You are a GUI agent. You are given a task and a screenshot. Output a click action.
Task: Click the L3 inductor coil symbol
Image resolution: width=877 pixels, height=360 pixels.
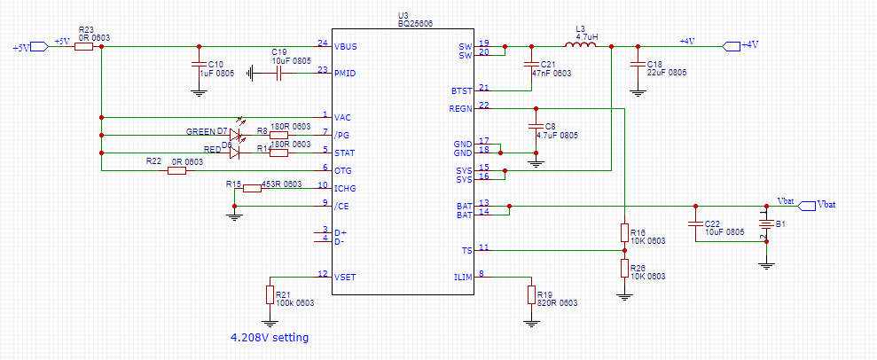(x=581, y=45)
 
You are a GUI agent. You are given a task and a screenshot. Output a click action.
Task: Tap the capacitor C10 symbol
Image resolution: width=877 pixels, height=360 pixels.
(x=198, y=64)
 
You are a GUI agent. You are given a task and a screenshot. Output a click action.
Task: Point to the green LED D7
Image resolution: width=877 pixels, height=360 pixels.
(x=234, y=134)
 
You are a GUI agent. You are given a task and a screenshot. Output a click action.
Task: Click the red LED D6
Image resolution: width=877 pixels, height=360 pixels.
(x=234, y=152)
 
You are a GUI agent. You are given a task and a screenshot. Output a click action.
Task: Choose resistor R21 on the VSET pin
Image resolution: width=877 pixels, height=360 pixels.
(x=270, y=293)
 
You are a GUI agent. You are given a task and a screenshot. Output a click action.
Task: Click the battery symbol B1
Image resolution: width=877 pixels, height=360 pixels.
(x=767, y=225)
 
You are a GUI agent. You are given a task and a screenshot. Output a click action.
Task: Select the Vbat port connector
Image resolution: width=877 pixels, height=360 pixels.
(x=806, y=206)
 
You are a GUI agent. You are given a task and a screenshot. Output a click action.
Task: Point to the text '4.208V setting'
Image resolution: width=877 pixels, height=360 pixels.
(x=270, y=338)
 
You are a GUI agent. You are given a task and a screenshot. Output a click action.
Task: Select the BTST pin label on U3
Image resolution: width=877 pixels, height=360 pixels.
(x=461, y=90)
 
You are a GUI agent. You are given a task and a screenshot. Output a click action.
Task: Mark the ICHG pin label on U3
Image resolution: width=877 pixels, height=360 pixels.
(x=346, y=187)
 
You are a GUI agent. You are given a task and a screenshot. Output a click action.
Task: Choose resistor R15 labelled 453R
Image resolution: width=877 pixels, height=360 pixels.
(x=252, y=187)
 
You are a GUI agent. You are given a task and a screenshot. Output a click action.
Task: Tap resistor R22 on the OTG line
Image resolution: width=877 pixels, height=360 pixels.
(x=176, y=169)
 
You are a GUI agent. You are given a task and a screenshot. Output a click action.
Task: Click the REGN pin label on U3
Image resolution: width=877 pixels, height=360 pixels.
(x=461, y=108)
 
